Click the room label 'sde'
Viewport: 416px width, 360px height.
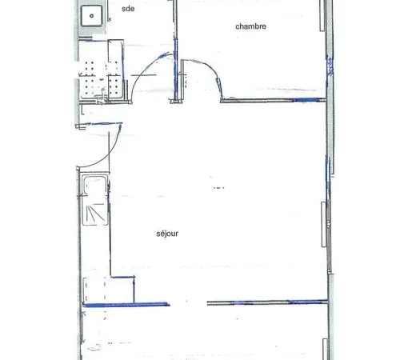[128, 9]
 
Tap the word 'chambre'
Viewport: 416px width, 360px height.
[250, 26]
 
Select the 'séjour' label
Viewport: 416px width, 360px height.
[167, 234]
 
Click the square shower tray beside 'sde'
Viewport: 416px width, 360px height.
[91, 16]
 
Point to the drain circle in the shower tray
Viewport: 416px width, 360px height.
[91, 16]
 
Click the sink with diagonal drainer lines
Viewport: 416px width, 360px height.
[95, 200]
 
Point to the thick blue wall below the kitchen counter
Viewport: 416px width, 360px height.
[126, 305]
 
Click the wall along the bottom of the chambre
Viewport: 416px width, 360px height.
[273, 100]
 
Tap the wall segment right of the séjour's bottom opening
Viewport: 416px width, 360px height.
[267, 302]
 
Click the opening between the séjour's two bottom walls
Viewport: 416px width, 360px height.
[188, 303]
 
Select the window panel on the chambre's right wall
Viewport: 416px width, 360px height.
[322, 15]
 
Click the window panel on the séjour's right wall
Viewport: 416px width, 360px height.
[324, 224]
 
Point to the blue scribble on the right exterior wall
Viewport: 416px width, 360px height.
[330, 66]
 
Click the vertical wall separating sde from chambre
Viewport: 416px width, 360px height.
[176, 50]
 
